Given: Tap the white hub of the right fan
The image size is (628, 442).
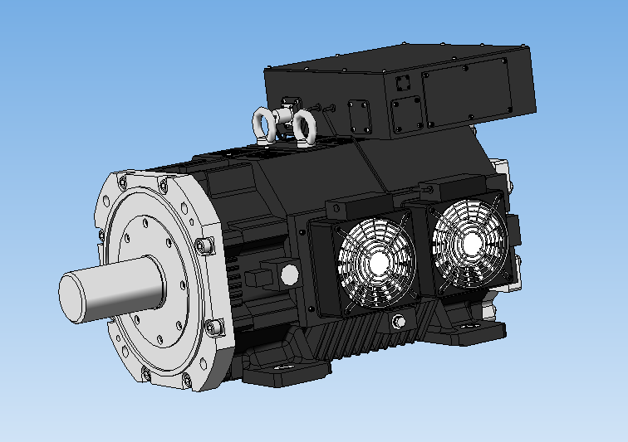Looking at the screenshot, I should coord(470,242).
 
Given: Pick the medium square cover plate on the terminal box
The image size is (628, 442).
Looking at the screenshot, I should coord(406,114).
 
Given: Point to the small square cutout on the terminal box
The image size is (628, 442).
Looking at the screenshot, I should coord(403,83).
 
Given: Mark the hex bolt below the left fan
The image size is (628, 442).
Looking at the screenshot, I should coord(400,323).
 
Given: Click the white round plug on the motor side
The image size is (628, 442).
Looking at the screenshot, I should coord(289,274).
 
